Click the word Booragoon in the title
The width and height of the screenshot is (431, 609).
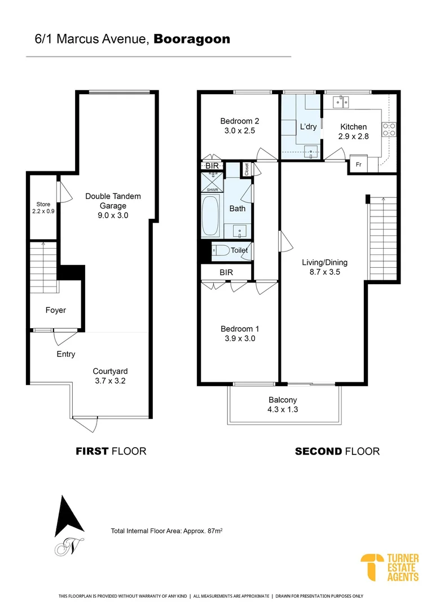pyautogui.click(x=192, y=39)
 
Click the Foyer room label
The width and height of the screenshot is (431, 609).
pyautogui.click(x=56, y=310)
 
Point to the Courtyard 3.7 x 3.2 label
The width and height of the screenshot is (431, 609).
pyautogui.click(x=110, y=376)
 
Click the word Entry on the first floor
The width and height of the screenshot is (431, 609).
pyautogui.click(x=65, y=354)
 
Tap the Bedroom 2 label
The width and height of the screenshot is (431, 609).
pyautogui.click(x=239, y=126)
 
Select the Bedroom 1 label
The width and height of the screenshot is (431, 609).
pyautogui.click(x=239, y=333)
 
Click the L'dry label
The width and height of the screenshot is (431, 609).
pyautogui.click(x=308, y=126)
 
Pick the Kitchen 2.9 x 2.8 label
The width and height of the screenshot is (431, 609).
pyautogui.click(x=353, y=131)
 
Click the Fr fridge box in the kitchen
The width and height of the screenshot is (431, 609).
pyautogui.click(x=358, y=164)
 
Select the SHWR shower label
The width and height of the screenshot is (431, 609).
pyautogui.click(x=212, y=190)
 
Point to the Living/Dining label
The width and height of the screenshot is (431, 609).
pyautogui.click(x=324, y=267)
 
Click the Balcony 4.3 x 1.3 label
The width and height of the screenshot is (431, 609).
pyautogui.click(x=283, y=404)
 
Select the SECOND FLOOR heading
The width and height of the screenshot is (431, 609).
pyautogui.click(x=337, y=451)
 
